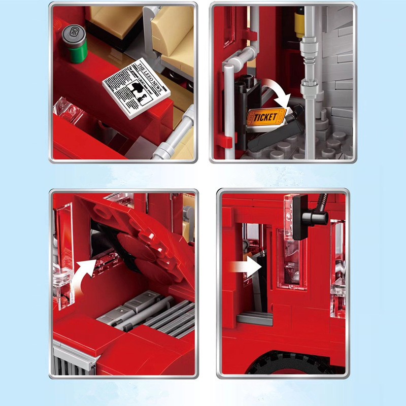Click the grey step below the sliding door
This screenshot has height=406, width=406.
(x=254, y=319)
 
